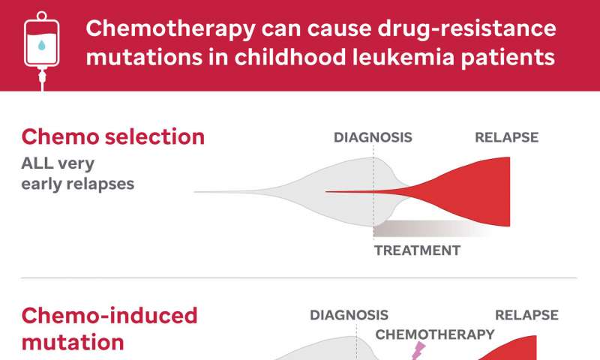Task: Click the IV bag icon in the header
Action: click(x=42, y=50)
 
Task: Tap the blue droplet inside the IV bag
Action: click(x=42, y=46)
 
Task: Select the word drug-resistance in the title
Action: click(x=466, y=29)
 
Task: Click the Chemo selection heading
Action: click(x=113, y=136)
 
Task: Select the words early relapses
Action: click(x=78, y=184)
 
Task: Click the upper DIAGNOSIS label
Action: click(x=373, y=137)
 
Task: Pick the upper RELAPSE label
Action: click(x=507, y=137)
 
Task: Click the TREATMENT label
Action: click(x=417, y=250)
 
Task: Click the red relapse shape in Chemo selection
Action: click(x=471, y=192)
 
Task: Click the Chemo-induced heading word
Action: click(x=109, y=316)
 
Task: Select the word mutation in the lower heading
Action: click(x=73, y=343)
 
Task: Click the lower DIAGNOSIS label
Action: click(x=349, y=315)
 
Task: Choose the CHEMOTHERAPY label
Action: click(x=435, y=334)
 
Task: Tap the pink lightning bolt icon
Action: click(x=418, y=351)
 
